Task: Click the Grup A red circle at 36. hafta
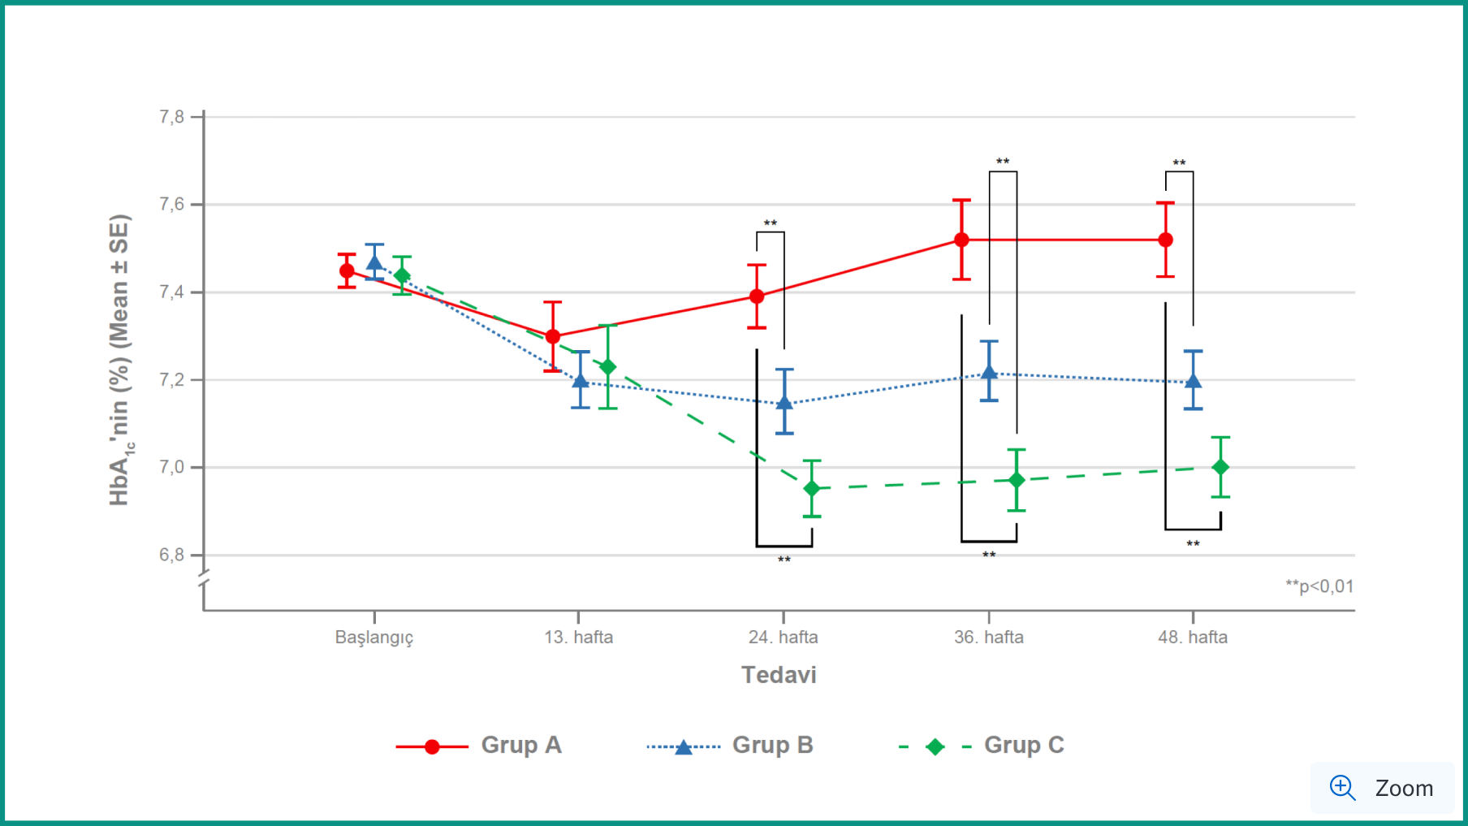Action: tap(961, 240)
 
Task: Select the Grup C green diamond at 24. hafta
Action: tap(811, 488)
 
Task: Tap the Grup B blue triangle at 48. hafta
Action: tap(1193, 381)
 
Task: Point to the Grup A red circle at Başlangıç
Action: tap(347, 271)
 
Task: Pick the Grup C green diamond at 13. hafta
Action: tap(607, 367)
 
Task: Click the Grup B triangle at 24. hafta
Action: tap(784, 402)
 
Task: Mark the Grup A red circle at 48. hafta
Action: tap(1165, 240)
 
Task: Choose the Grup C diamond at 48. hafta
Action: tap(1220, 467)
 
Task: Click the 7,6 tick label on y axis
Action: tap(172, 204)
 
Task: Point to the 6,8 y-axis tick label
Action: tap(172, 555)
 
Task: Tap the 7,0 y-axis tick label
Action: tap(172, 467)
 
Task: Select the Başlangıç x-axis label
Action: tap(374, 638)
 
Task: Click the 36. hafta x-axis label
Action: tap(988, 638)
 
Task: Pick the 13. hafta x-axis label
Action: tap(578, 638)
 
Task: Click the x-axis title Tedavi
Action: tap(779, 675)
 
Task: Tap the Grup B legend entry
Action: tap(731, 746)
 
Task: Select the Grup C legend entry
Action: tap(982, 746)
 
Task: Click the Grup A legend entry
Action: tap(480, 746)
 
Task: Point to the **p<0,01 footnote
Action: tap(1319, 586)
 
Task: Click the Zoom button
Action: tap(1382, 788)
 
